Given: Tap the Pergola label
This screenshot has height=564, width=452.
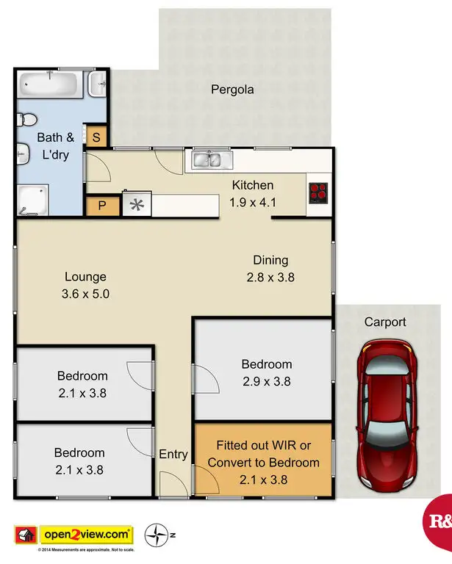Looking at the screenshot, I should point(232,90).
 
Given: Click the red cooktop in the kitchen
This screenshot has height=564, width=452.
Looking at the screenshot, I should point(318,192).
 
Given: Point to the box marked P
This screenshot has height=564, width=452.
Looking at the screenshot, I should point(101,206).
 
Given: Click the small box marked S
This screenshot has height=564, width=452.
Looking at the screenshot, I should point(96,137).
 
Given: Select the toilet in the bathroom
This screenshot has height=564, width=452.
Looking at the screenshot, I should point(28,117).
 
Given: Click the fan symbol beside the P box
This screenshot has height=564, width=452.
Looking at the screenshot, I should point(136,206).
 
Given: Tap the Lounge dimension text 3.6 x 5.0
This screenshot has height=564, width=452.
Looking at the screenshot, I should point(85,292).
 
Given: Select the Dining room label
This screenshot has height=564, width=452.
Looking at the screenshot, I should point(270,260).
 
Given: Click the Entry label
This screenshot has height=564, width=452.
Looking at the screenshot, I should point(173,455).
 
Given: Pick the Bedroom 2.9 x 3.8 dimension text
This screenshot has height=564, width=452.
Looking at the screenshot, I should point(267,381).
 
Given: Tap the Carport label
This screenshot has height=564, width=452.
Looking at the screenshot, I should point(385,322).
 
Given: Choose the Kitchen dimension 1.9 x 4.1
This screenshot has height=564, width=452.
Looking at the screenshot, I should point(253,201).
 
